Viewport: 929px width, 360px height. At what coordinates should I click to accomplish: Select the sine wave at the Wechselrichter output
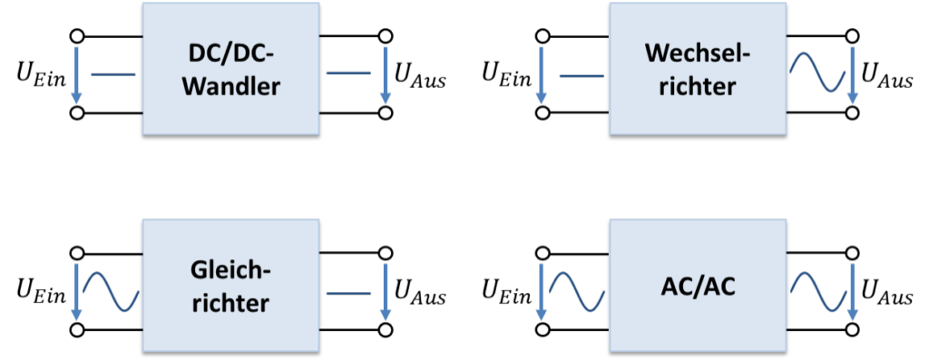tap(817, 73)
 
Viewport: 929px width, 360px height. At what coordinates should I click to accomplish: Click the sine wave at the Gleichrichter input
tap(111, 291)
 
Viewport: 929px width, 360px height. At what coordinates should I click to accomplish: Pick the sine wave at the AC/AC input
tap(577, 291)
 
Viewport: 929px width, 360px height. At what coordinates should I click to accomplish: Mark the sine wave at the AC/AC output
tap(817, 291)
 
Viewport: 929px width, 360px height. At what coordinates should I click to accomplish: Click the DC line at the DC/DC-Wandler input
tap(113, 75)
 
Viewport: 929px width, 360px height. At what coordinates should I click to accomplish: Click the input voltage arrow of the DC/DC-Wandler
tap(76, 73)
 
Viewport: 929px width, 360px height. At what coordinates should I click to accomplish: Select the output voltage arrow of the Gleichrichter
tap(386, 291)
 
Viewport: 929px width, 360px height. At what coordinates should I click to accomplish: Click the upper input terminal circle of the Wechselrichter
tap(543, 35)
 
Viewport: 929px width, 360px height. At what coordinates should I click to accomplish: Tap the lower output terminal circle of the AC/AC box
tap(852, 329)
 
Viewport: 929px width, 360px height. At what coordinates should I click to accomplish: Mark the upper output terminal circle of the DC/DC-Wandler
tap(386, 35)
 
